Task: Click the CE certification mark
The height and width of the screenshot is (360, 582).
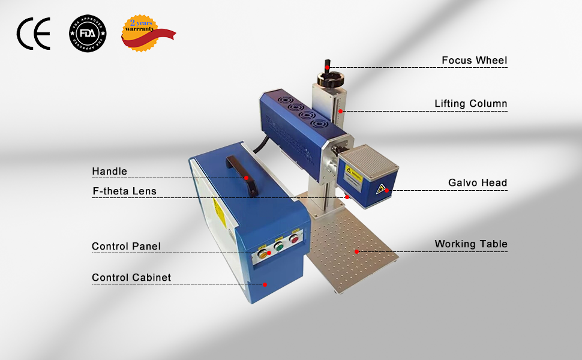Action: click(x=34, y=34)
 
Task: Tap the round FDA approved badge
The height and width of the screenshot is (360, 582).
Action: click(x=87, y=34)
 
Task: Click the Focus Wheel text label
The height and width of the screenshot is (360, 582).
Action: click(x=474, y=61)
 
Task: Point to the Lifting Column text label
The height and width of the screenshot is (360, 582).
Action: click(x=470, y=104)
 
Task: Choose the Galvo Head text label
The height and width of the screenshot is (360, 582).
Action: click(x=478, y=183)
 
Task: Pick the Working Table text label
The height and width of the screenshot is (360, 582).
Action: click(x=471, y=244)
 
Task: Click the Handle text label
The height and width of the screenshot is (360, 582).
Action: click(x=109, y=172)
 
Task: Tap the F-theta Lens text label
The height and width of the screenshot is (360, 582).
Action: click(x=124, y=191)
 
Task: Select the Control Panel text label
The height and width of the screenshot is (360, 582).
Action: click(x=126, y=247)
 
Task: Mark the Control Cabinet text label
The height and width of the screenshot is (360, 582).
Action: click(x=131, y=278)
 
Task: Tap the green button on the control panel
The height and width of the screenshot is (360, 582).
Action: click(x=278, y=245)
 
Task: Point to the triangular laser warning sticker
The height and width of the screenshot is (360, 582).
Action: click(x=380, y=188)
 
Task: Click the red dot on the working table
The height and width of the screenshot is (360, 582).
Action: click(x=356, y=251)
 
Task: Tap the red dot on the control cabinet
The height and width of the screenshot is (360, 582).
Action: click(x=265, y=284)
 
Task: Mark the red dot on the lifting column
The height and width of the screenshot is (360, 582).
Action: click(x=340, y=111)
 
